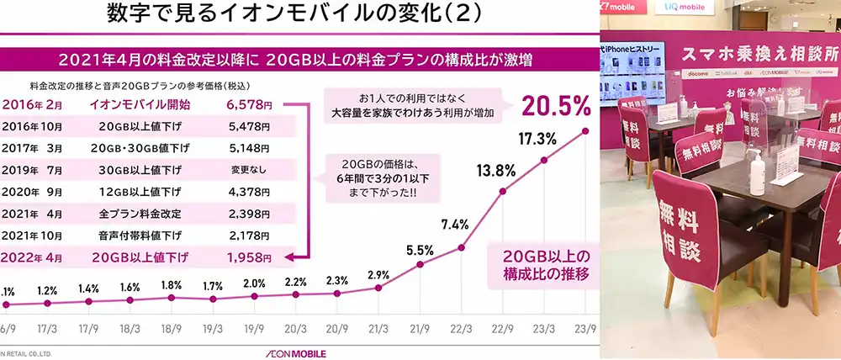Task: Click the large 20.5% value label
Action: click(x=557, y=105)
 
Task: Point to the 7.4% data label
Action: click(x=456, y=224)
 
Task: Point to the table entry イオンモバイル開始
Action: click(x=139, y=105)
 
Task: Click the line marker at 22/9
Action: click(x=503, y=191)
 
